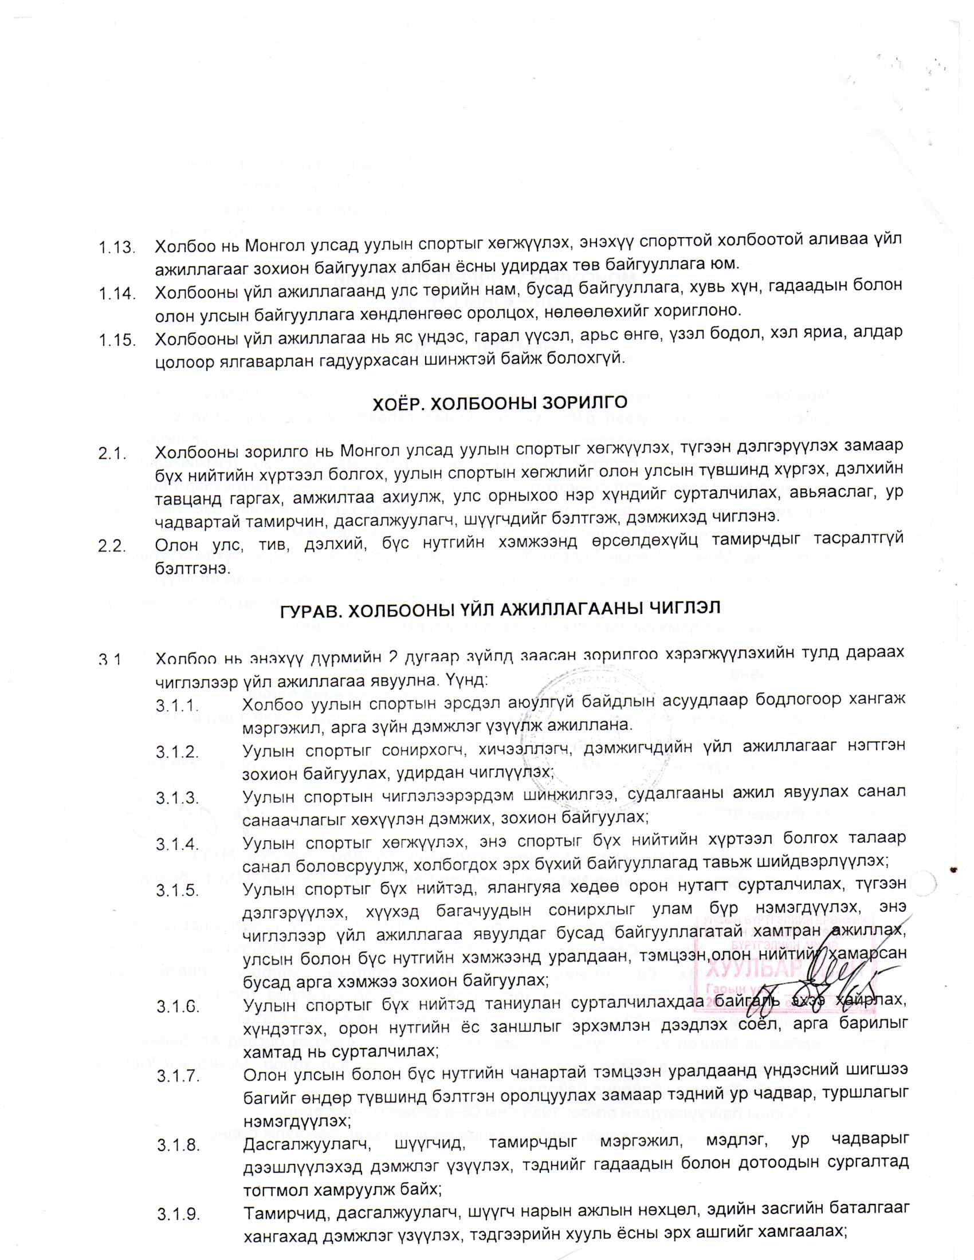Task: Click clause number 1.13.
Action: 116,249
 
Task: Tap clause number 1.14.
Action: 117,294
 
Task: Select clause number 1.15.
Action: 117,340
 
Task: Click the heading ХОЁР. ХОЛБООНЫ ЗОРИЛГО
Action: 500,403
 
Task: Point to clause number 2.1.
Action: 112,454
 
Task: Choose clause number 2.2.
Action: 112,546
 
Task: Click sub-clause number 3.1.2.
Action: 177,753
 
